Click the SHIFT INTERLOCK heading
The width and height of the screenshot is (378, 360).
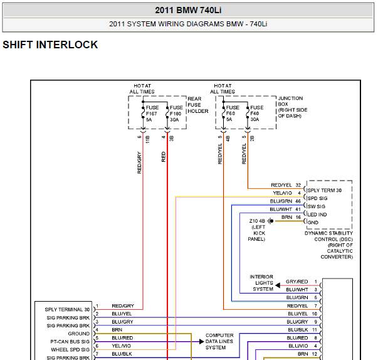point(50,45)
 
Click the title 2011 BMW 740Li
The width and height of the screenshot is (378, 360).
point(188,11)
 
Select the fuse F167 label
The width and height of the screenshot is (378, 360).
point(152,114)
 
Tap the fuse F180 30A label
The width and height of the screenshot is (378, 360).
point(176,114)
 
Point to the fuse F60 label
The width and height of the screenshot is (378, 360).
point(233,114)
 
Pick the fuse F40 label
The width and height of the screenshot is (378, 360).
point(256,114)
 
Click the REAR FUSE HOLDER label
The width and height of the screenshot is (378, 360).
point(198,105)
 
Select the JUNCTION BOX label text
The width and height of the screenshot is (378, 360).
point(293,107)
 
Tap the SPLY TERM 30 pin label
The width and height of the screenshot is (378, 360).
point(325,190)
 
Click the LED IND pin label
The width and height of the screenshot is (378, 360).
point(317,214)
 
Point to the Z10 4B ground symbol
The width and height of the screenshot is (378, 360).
point(271,221)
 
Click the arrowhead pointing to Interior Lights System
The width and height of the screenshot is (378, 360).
point(278,285)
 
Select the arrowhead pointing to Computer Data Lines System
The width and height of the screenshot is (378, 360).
point(201,341)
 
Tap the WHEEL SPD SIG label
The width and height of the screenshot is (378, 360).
point(70,349)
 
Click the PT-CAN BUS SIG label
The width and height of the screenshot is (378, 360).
point(70,342)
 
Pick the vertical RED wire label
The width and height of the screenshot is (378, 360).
point(164,157)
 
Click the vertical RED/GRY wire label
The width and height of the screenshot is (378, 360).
point(139,162)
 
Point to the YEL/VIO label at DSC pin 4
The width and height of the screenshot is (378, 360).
point(282,193)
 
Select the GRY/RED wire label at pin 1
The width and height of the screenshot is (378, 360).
point(297,282)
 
